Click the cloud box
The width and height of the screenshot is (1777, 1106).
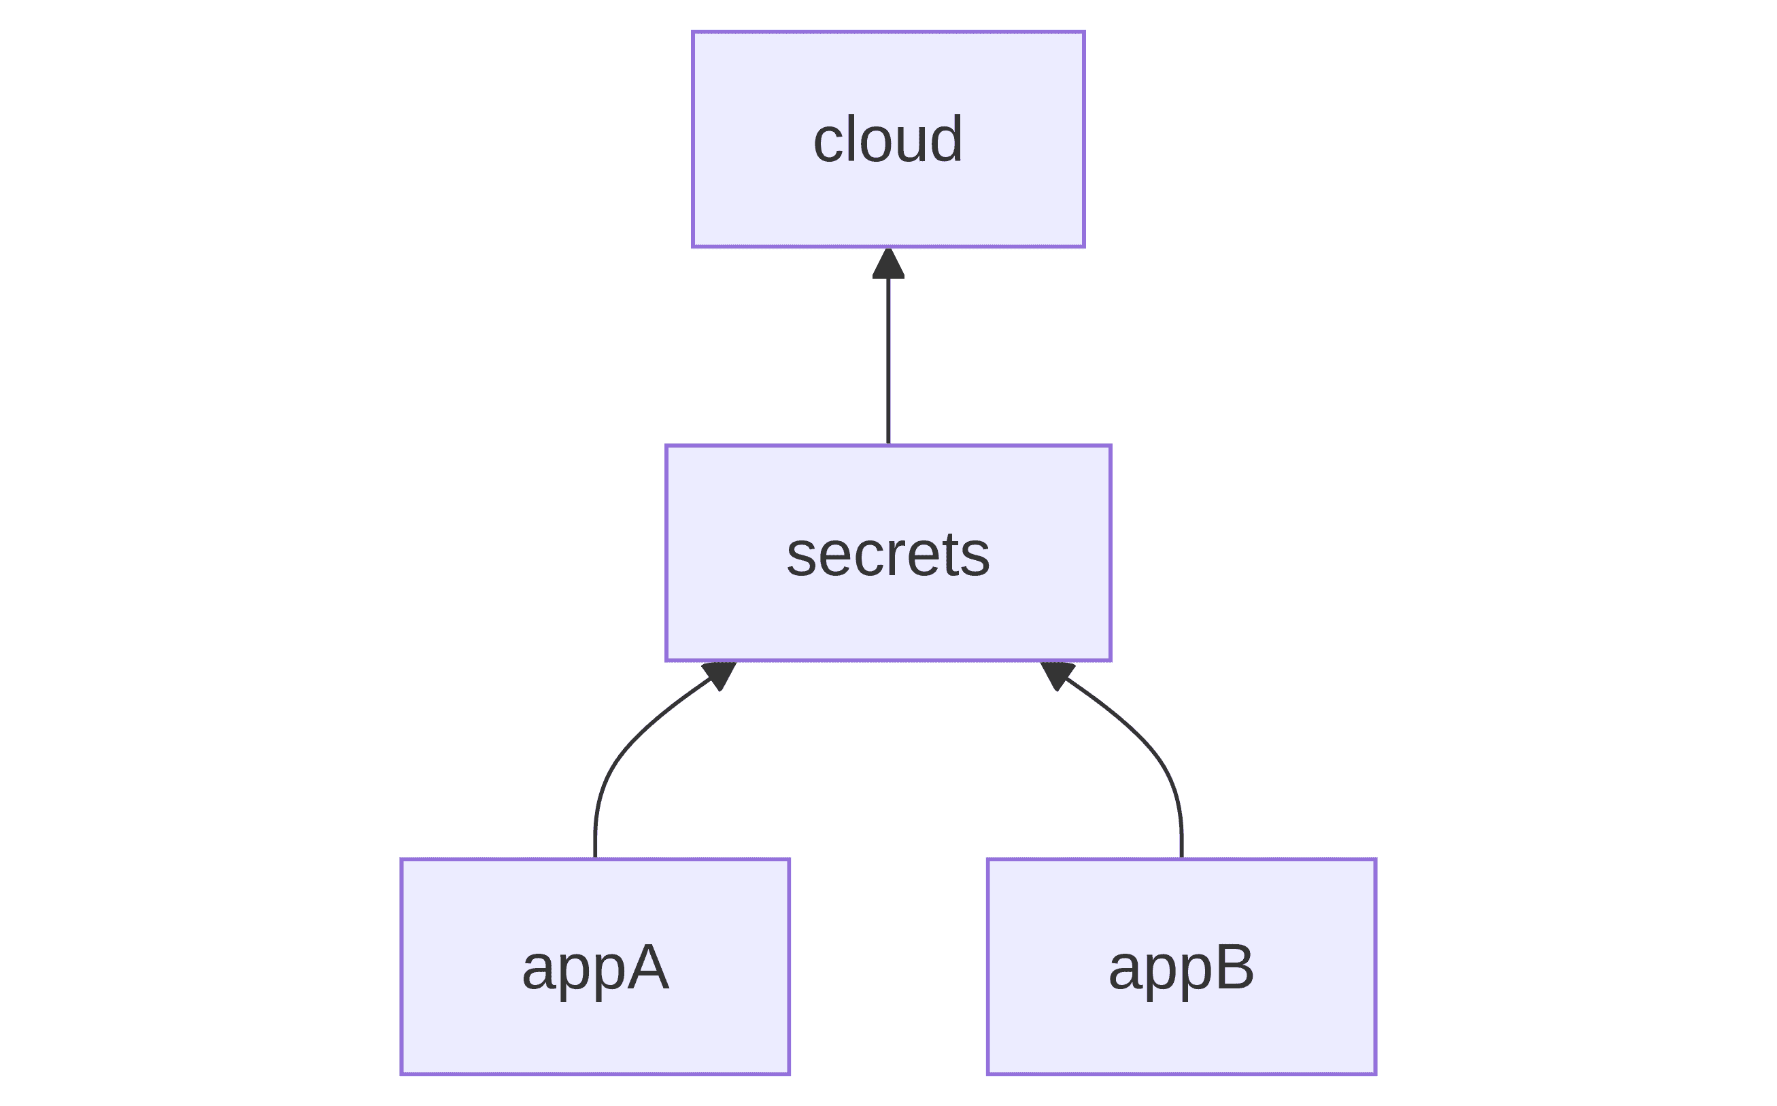pos(888,139)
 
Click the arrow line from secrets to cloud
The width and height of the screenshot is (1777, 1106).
pos(888,346)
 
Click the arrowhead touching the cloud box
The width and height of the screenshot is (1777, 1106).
pos(888,264)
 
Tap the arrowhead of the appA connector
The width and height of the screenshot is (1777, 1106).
pos(720,674)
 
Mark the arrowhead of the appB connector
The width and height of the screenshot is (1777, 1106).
pos(1057,674)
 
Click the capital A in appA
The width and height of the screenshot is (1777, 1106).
pos(648,968)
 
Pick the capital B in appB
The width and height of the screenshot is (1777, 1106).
pos(1234,968)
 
